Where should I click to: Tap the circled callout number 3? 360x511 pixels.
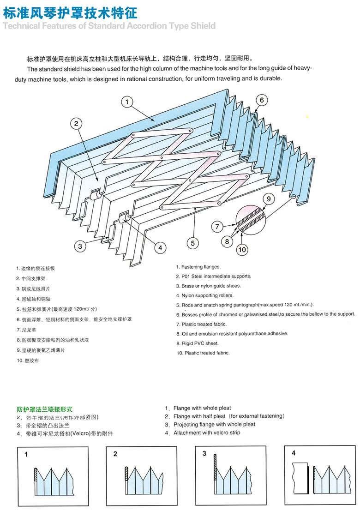click(x=80, y=246)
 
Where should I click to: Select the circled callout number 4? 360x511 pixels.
click(x=160, y=248)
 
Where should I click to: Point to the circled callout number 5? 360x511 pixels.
click(x=193, y=242)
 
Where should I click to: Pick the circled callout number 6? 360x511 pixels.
click(x=261, y=100)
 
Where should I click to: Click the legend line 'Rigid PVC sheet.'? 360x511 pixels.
click(x=200, y=343)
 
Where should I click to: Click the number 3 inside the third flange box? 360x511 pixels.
click(x=204, y=454)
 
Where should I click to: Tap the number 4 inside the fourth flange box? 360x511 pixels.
click(x=294, y=453)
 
